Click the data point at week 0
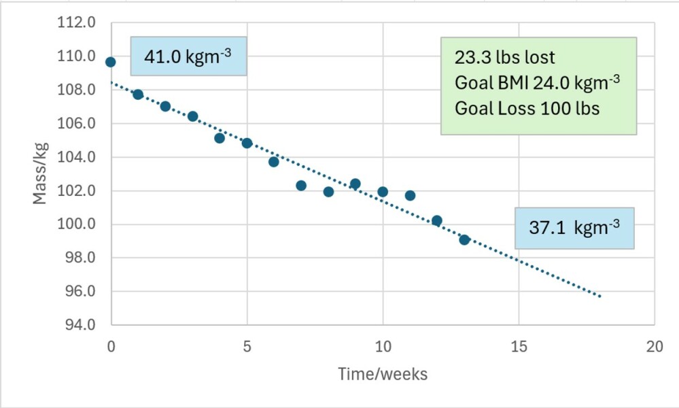pyautogui.click(x=111, y=62)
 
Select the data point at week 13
pyautogui.click(x=464, y=239)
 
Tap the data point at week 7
pyautogui.click(x=301, y=186)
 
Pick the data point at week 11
pyautogui.click(x=410, y=195)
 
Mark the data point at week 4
pyautogui.click(x=220, y=138)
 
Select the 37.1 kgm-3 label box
pyautogui.click(x=574, y=228)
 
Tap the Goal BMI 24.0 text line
pyautogui.click(x=537, y=83)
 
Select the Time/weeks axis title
pyautogui.click(x=383, y=374)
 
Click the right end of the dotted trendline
pyautogui.click(x=600, y=296)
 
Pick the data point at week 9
pyautogui.click(x=355, y=184)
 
